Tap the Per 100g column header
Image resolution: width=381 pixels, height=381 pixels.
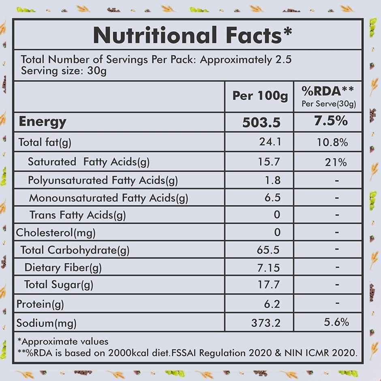[x=260, y=96]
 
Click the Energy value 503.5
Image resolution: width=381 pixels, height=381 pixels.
[x=261, y=122]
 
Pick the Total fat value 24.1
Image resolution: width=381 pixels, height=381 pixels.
[x=270, y=142]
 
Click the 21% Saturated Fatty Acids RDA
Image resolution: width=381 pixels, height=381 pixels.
[x=336, y=163]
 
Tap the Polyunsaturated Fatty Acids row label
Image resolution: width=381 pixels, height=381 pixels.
[x=103, y=180]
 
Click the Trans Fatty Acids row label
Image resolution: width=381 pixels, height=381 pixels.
[x=77, y=215]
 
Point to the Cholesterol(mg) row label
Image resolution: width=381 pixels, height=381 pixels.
[x=56, y=233]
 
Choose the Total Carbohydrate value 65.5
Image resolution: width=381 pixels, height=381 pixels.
[x=268, y=249]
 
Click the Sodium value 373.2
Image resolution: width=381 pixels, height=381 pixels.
[x=265, y=323]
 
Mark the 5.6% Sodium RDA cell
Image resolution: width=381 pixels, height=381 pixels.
[x=337, y=322]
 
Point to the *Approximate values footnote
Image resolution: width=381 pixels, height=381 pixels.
[x=63, y=341]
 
